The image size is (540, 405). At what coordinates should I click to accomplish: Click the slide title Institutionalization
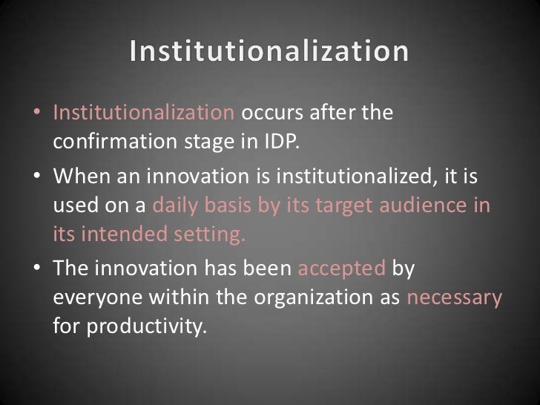point(269,52)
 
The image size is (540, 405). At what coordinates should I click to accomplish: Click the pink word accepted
point(341,269)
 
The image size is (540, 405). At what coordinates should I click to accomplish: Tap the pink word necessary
point(455,298)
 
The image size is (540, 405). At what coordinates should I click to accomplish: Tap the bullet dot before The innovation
point(38,270)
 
